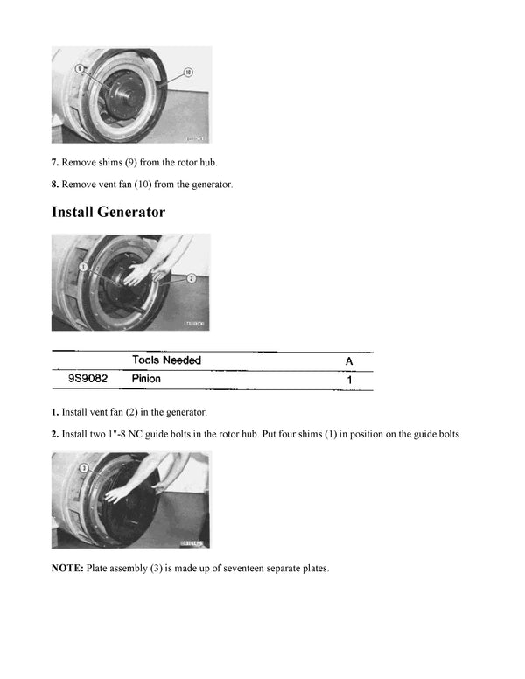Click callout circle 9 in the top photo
click(x=80, y=68)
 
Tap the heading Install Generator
click(x=108, y=212)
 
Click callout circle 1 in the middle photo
click(x=81, y=266)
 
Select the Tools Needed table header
click(x=166, y=360)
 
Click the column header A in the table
click(x=350, y=360)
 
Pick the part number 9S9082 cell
click(x=88, y=380)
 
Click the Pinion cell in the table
click(x=146, y=380)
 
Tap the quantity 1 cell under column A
click(x=350, y=381)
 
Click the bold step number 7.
click(x=54, y=163)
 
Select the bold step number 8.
click(x=54, y=184)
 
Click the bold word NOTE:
click(x=67, y=569)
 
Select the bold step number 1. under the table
click(x=54, y=412)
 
